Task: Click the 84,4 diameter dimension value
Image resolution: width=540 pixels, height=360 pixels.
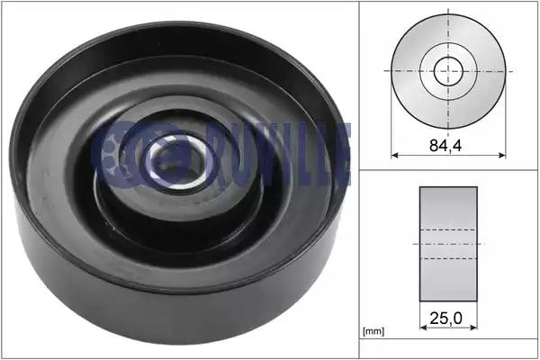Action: click(x=445, y=146)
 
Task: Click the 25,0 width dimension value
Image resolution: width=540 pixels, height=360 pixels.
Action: click(x=445, y=319)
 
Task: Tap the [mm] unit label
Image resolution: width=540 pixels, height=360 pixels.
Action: click(x=373, y=331)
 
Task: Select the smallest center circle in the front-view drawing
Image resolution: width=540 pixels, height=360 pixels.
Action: click(x=448, y=71)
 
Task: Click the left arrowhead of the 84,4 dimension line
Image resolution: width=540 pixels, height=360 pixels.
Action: click(x=395, y=156)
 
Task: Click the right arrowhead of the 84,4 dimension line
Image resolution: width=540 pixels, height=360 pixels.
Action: click(x=502, y=156)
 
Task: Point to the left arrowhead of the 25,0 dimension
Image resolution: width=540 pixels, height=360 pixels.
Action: click(x=423, y=328)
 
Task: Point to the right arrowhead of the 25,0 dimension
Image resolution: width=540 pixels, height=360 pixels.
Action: click(x=473, y=328)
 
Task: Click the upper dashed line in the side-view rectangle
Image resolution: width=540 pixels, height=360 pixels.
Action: click(x=448, y=229)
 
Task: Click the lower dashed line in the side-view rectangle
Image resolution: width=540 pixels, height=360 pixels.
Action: click(x=448, y=258)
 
